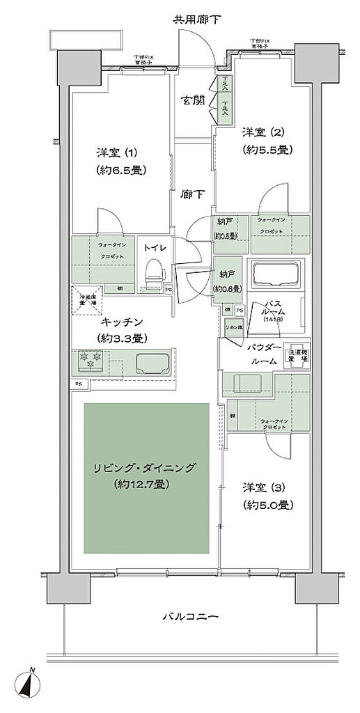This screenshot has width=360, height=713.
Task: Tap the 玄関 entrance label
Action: click(x=193, y=101)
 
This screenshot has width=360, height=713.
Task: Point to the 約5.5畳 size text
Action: click(x=267, y=150)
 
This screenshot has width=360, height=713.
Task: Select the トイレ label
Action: click(x=154, y=246)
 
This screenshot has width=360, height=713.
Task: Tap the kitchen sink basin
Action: click(x=155, y=363)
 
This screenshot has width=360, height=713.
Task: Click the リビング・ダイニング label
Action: click(x=146, y=467)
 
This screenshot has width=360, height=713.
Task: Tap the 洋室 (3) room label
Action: click(x=267, y=487)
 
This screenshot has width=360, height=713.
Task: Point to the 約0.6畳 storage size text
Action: click(x=228, y=289)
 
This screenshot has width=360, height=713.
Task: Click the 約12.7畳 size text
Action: click(x=146, y=484)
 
